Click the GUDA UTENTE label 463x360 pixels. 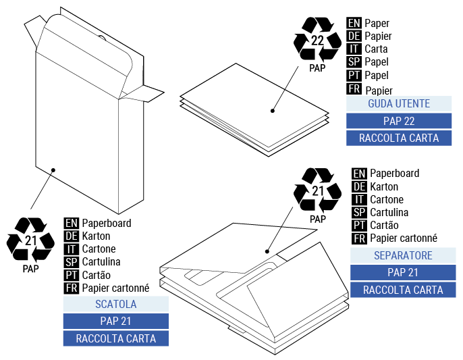[398, 104]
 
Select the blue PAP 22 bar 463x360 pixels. [398, 121]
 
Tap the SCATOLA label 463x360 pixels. [115, 304]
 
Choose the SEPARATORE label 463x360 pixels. [403, 256]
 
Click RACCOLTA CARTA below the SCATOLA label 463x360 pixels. [115, 338]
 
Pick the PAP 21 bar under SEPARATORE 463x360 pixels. [403, 273]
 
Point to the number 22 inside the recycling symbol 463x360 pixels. [317, 41]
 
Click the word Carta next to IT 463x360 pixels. [376, 49]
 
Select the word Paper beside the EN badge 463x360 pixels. [377, 22]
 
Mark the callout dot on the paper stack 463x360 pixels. [273, 111]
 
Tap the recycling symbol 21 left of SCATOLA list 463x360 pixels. [30, 240]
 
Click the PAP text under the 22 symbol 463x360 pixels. [317, 68]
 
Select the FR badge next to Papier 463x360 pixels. [354, 89]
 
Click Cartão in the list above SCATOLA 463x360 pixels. [97, 275]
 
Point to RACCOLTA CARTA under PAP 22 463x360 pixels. [398, 138]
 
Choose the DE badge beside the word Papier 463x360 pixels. [354, 36]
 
